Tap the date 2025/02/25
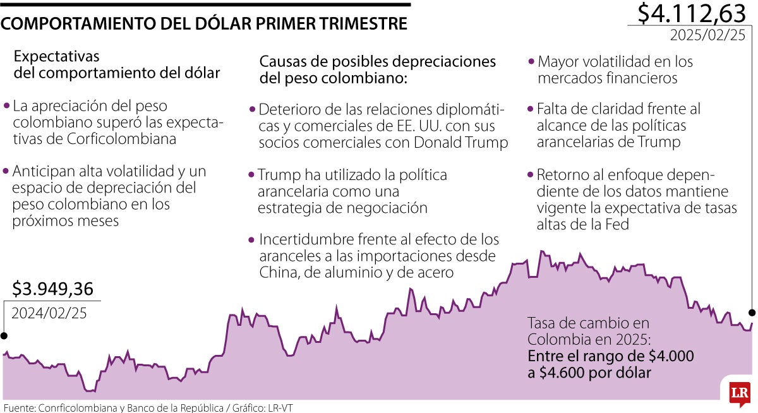[707, 35]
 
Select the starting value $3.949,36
[53, 289]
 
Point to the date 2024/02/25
[49, 312]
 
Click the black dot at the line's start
[4, 335]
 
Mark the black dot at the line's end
[752, 313]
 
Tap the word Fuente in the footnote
[18, 407]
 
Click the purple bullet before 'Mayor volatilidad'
[531, 62]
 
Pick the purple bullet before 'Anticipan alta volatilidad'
[6, 171]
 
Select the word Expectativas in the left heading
[57, 56]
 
